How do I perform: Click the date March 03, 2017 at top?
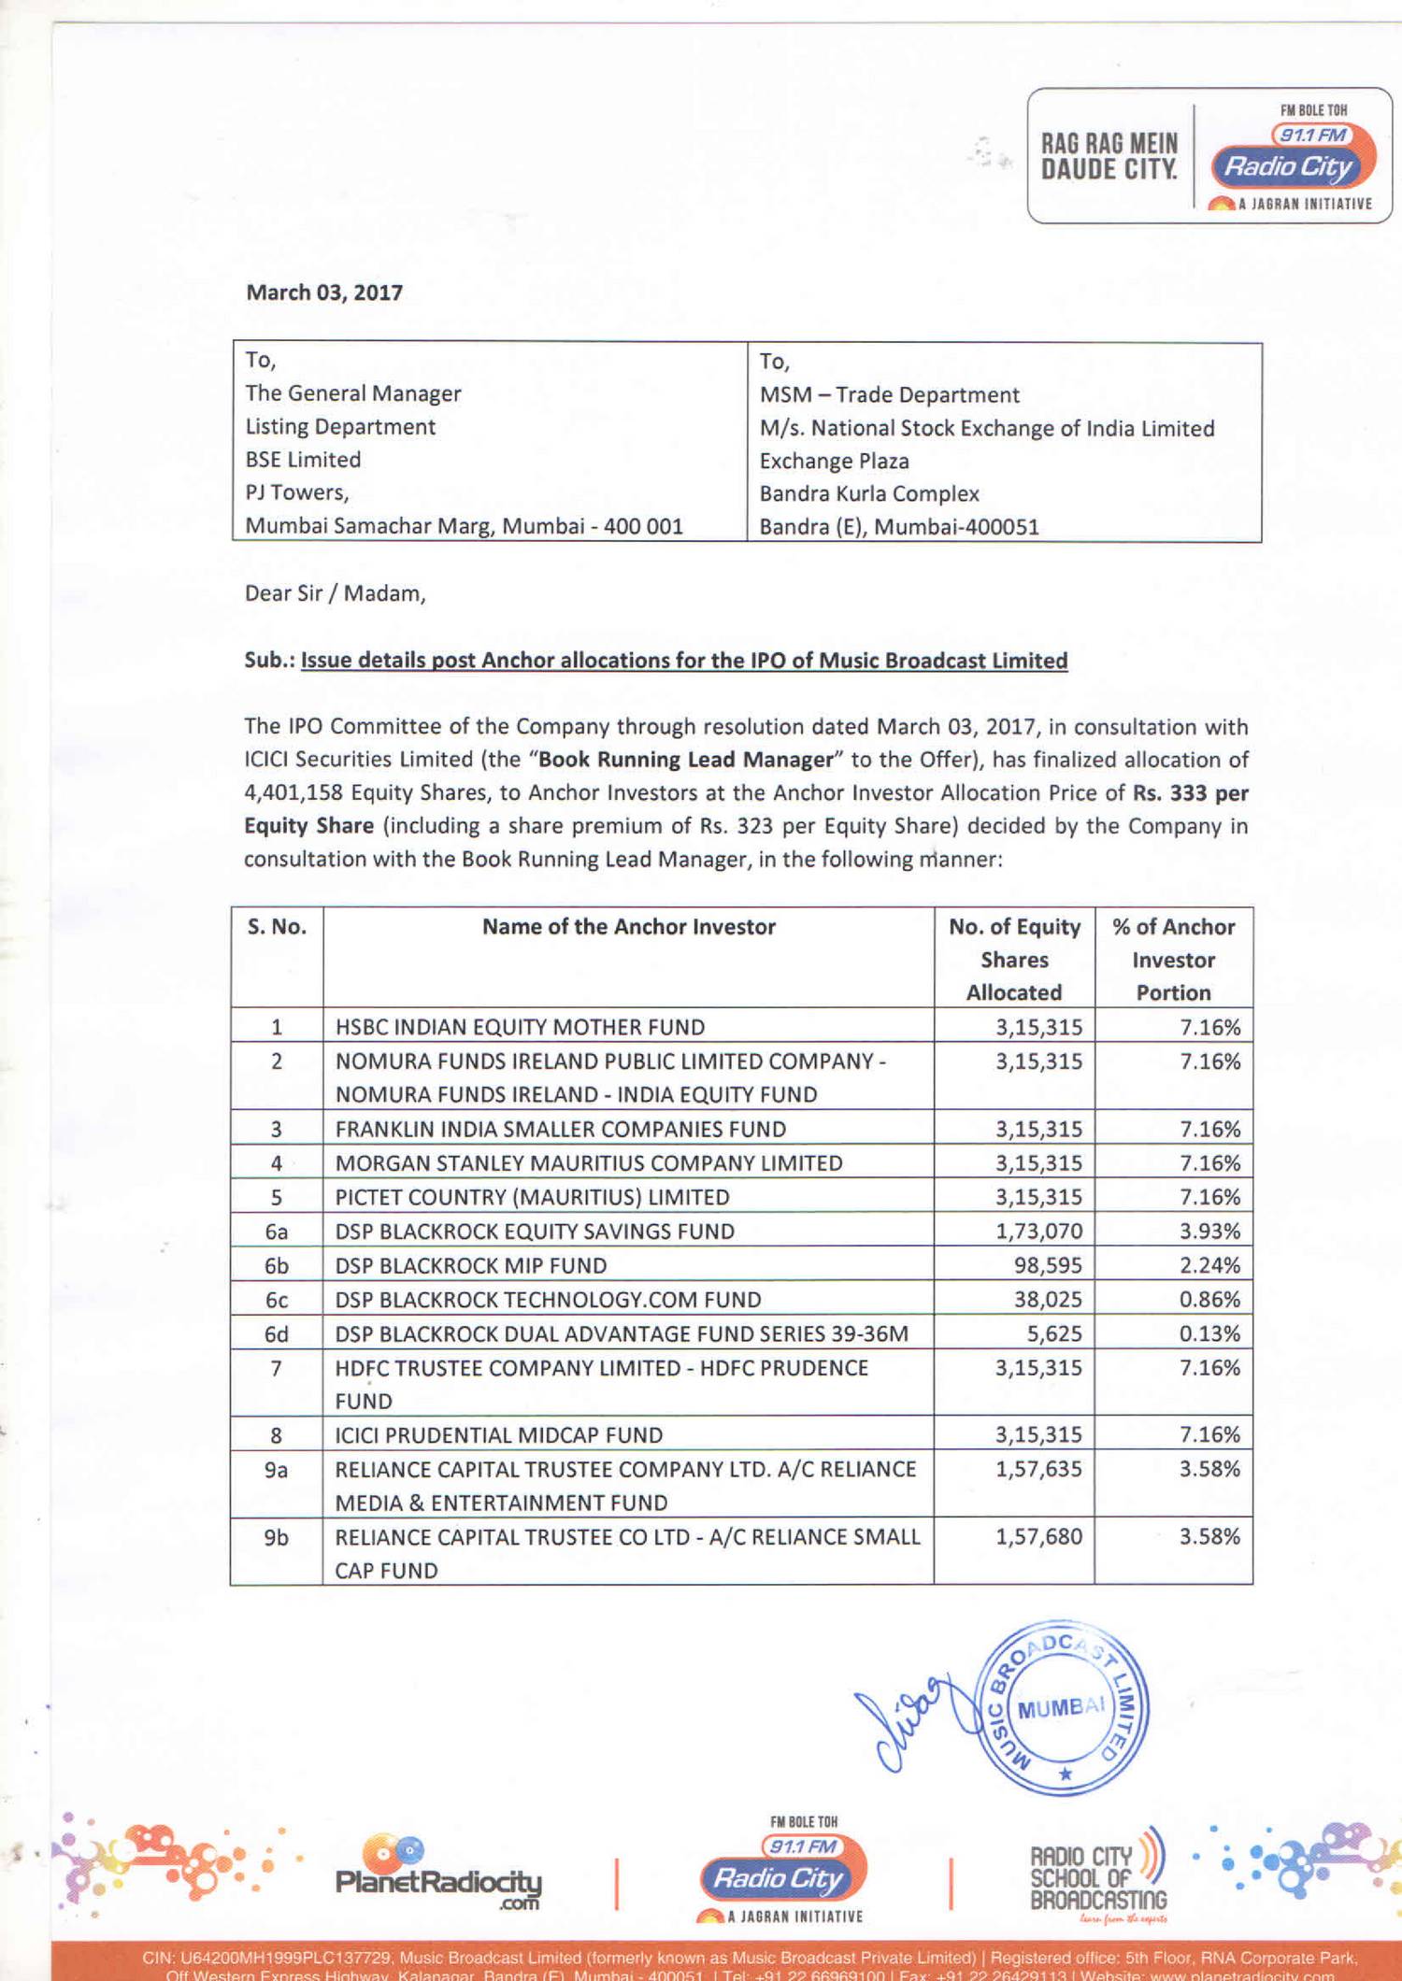click(323, 292)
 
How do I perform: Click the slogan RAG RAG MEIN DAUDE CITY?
click(1109, 157)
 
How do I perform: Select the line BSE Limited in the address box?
click(303, 460)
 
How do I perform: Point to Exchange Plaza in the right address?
click(834, 461)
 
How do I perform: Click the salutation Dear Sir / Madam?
click(335, 593)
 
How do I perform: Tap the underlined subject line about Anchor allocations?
click(683, 661)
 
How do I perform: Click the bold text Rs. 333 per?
click(1190, 793)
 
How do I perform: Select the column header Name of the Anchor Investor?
click(628, 927)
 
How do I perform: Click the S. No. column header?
click(277, 927)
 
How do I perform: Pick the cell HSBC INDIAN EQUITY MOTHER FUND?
click(520, 1027)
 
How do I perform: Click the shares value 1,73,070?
click(1038, 1232)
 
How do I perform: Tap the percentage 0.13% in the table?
click(1209, 1333)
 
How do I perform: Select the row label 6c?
click(277, 1300)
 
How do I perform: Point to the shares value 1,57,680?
click(1038, 1537)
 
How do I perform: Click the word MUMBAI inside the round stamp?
click(1061, 1708)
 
